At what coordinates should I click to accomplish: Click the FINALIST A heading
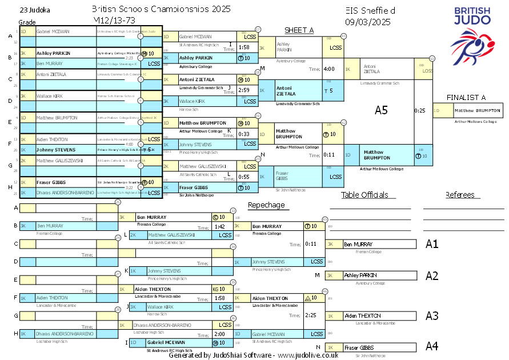click(x=466, y=98)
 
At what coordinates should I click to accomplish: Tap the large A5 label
click(x=381, y=110)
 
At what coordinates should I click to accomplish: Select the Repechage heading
click(x=266, y=205)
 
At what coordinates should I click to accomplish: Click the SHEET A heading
click(x=299, y=30)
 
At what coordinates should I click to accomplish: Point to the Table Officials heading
click(x=364, y=195)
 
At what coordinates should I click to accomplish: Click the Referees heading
click(x=460, y=195)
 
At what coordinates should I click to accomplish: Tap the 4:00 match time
click(x=329, y=69)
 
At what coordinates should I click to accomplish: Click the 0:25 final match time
click(x=420, y=110)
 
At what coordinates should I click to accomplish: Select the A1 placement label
click(x=432, y=244)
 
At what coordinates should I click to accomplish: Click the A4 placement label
click(x=432, y=346)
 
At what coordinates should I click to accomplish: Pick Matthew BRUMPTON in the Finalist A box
click(x=471, y=110)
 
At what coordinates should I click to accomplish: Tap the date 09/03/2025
click(x=367, y=22)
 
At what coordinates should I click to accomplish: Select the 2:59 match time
click(x=244, y=90)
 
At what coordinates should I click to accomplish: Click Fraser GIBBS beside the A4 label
click(x=359, y=347)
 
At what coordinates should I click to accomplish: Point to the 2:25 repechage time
click(x=311, y=315)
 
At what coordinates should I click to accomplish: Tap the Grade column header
click(x=27, y=22)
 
